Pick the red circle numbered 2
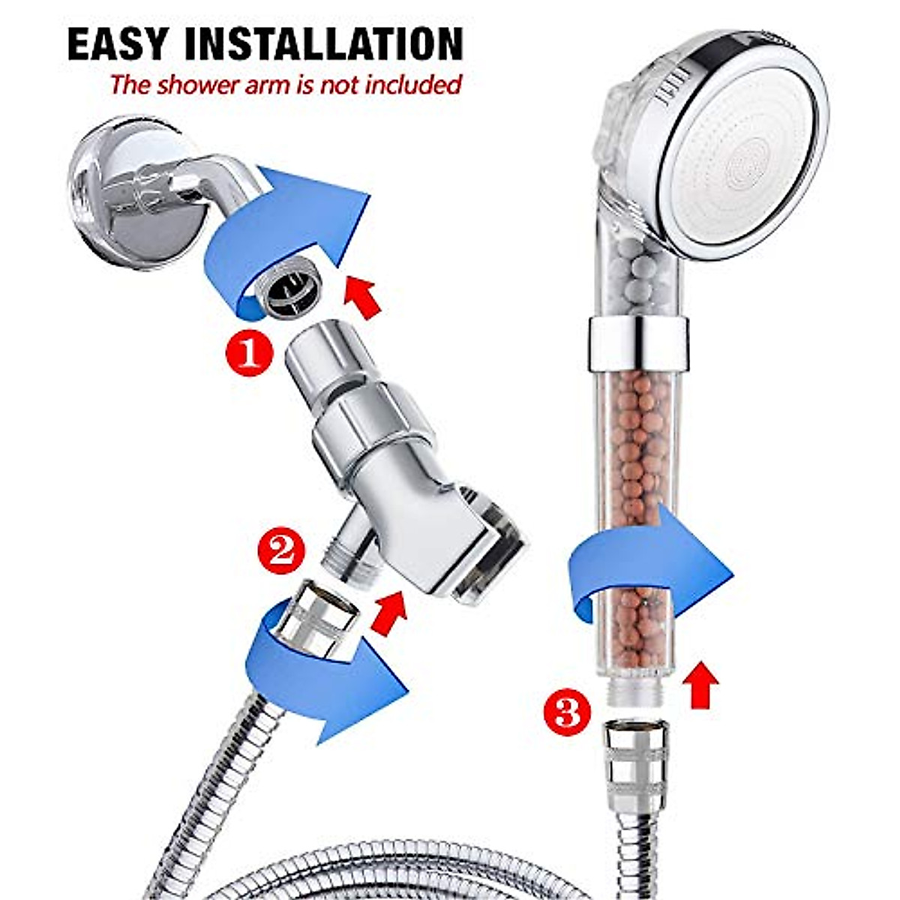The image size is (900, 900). (x=281, y=551)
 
